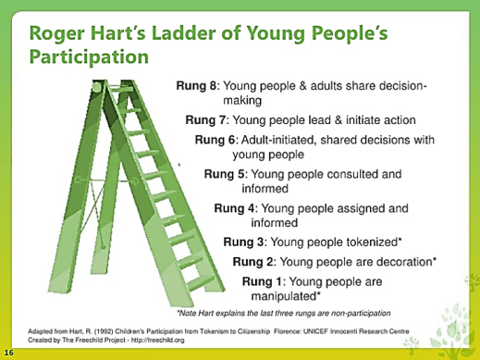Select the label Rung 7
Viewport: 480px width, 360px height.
pyautogui.click(x=204, y=119)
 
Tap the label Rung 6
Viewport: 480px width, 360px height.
pyautogui.click(x=215, y=139)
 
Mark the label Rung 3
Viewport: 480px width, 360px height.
pyautogui.click(x=242, y=242)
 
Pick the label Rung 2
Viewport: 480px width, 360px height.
pyautogui.click(x=252, y=261)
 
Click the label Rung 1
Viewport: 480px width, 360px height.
pyautogui.click(x=261, y=280)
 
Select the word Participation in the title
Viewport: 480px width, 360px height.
pyautogui.click(x=88, y=56)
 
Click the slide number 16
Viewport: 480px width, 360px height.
pyautogui.click(x=7, y=353)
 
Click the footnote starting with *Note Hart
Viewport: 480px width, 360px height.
pyautogui.click(x=282, y=313)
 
